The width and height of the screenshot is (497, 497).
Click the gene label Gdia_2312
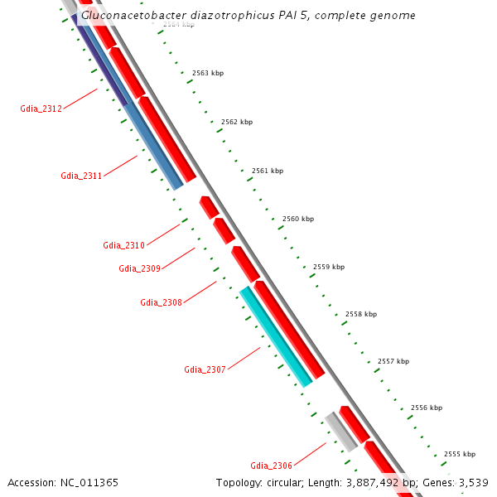[41, 109]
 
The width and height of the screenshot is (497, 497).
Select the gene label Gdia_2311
[81, 176]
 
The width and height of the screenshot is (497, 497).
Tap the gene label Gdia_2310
[123, 245]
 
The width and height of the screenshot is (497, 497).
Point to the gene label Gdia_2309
[139, 268]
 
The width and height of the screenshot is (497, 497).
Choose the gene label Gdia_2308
[161, 302]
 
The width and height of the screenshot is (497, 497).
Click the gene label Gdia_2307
[205, 369]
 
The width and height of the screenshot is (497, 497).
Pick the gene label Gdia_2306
[271, 466]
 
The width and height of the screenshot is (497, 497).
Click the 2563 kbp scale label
[208, 73]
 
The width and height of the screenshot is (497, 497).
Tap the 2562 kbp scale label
[237, 122]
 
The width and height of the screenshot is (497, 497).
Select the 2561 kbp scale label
[268, 171]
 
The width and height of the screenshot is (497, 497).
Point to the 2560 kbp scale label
[298, 219]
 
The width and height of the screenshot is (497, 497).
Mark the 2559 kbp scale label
[329, 267]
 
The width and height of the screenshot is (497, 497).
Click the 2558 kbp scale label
[361, 314]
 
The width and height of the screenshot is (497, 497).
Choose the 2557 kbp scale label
[393, 361]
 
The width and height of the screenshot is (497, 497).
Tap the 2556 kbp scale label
[426, 408]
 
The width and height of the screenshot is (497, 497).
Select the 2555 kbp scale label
[459, 454]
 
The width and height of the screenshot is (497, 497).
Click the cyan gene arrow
[277, 337]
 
